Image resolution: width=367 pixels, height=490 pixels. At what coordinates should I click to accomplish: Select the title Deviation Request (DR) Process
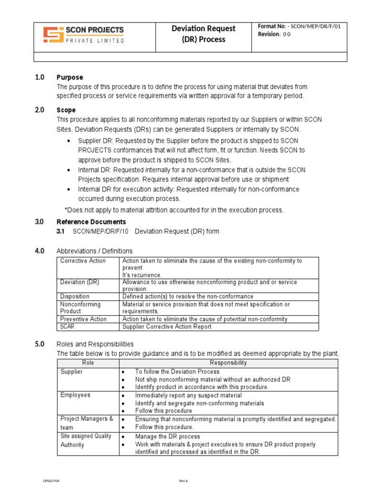click(204, 34)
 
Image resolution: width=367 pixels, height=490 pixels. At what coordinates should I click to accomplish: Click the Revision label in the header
click(268, 34)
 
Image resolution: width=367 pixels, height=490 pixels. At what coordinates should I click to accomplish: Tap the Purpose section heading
click(70, 77)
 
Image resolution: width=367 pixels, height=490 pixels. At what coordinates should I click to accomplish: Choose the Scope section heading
click(66, 110)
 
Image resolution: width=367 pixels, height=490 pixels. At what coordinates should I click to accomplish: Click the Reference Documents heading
click(91, 222)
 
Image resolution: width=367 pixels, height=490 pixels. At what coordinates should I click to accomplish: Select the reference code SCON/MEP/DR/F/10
click(101, 232)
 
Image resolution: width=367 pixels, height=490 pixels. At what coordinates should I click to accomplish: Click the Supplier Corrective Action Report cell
click(167, 327)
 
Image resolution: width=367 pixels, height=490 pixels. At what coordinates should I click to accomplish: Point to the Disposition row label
click(75, 297)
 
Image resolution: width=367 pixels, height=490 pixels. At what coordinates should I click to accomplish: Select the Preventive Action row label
click(84, 319)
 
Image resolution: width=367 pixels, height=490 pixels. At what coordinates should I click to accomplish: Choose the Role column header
click(88, 363)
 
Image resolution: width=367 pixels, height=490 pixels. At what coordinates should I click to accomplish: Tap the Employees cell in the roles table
click(75, 395)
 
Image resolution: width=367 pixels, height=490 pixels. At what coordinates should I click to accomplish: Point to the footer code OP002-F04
click(52, 480)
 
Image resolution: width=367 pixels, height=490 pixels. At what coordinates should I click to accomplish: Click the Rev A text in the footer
click(183, 480)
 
